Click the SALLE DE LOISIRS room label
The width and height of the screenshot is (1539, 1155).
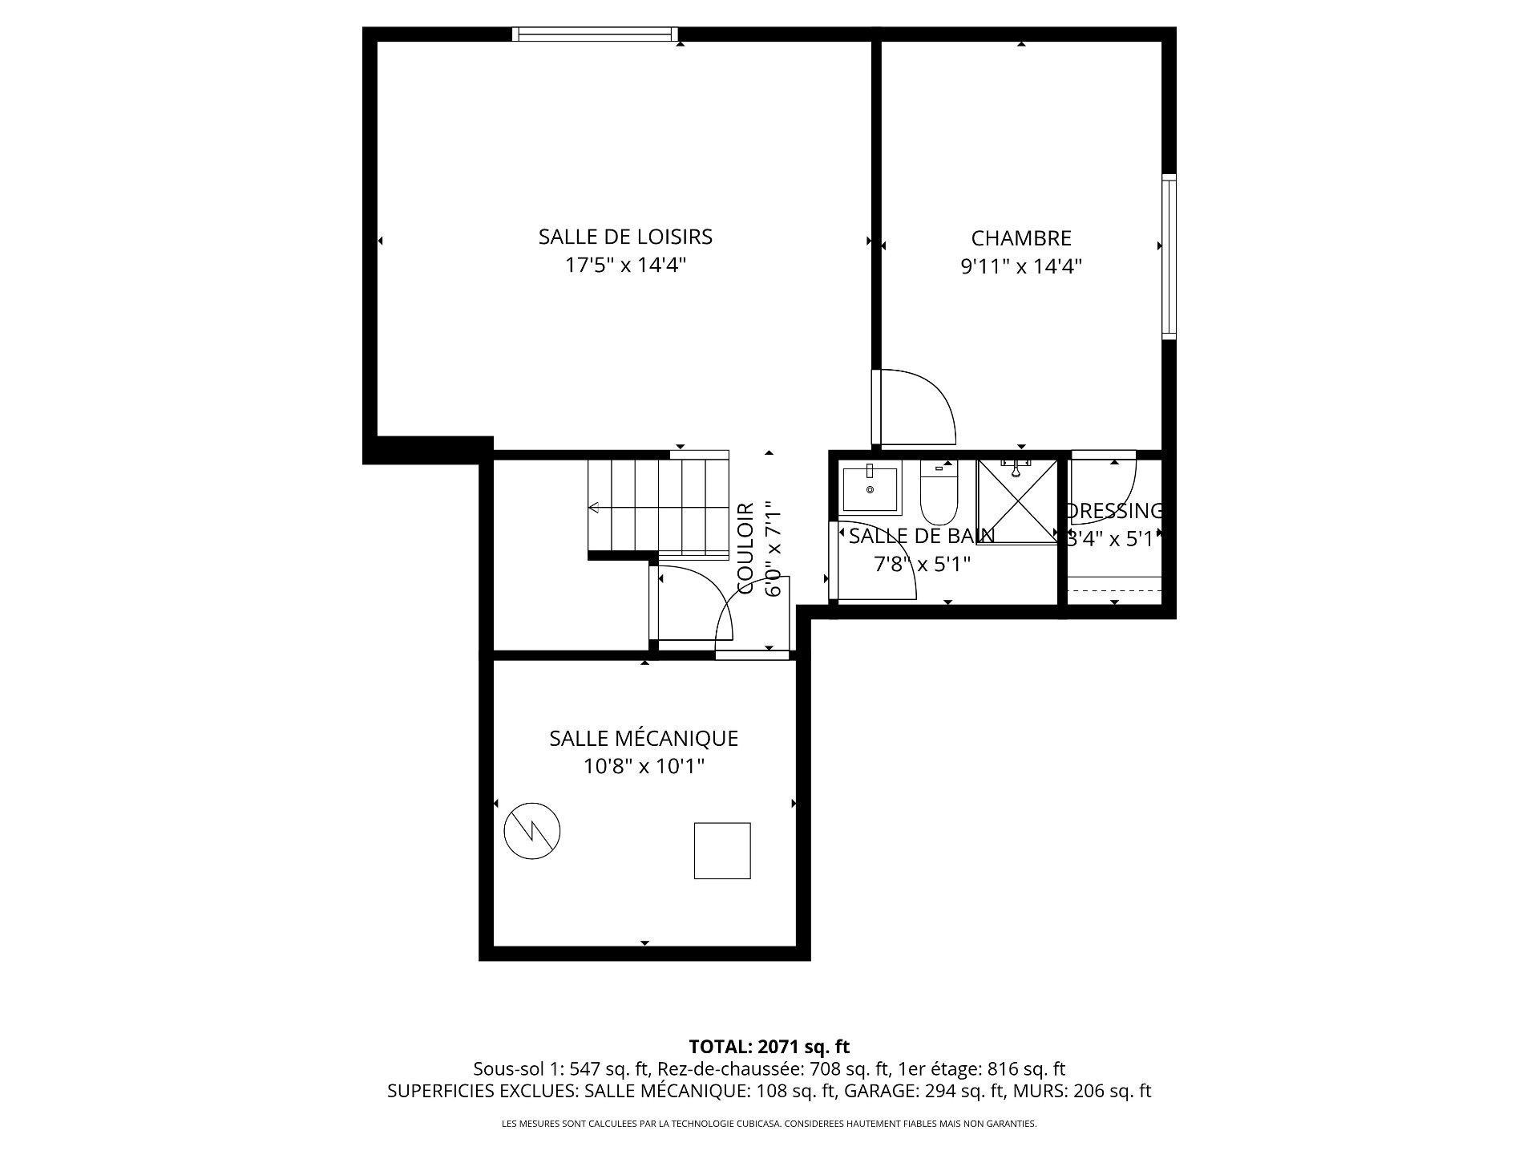625,237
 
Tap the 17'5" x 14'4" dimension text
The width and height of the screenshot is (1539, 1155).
625,265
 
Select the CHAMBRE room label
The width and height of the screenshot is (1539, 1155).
1021,238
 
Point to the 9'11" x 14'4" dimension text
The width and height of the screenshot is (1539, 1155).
1021,266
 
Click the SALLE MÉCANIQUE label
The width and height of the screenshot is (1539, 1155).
644,738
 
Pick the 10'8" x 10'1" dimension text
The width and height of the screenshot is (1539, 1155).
644,767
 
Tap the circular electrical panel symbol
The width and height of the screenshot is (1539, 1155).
531,831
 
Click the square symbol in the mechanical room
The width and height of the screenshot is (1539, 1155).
722,850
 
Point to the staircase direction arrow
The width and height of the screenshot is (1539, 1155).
595,508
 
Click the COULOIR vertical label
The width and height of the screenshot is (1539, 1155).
745,548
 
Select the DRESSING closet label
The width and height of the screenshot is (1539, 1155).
1114,511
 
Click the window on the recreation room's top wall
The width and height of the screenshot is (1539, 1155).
595,34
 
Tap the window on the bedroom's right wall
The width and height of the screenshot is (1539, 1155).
1169,257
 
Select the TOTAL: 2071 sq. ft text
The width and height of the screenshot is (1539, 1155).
769,1047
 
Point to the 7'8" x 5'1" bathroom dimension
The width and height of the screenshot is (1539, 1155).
922,565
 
